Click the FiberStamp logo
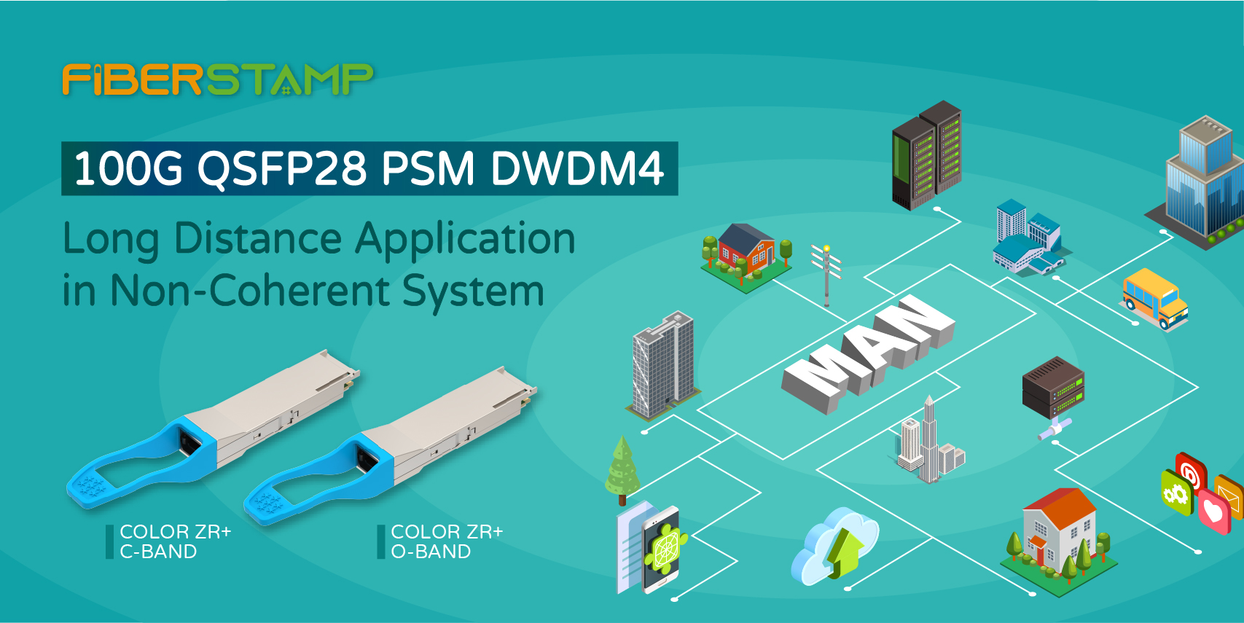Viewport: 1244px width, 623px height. click(217, 79)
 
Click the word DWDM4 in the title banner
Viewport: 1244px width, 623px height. click(578, 168)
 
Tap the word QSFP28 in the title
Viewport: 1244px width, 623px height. click(281, 169)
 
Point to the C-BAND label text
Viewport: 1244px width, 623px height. click(158, 552)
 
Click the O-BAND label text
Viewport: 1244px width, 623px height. click(431, 552)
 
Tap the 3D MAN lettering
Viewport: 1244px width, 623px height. click(868, 354)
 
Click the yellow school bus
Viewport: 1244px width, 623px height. click(1154, 299)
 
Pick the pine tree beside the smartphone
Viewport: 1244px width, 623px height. click(622, 471)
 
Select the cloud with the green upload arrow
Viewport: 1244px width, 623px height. click(834, 546)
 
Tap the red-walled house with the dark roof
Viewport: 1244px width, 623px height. click(746, 257)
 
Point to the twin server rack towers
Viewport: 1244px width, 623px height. click(927, 155)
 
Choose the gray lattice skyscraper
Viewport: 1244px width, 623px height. click(663, 365)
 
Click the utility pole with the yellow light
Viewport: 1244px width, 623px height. click(826, 275)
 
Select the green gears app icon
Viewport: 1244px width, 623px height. click(1176, 493)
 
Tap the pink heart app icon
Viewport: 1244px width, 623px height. click(1215, 511)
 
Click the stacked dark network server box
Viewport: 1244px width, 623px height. click(1053, 388)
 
